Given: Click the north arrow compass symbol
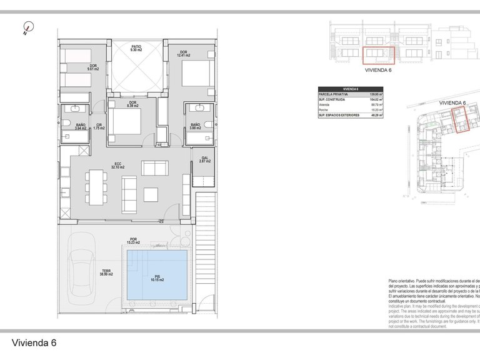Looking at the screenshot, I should coord(27,27).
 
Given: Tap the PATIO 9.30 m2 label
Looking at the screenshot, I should coord(136,48).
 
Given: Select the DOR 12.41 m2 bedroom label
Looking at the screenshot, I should coord(182,54).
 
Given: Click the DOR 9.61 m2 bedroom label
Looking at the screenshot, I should coord(92,68).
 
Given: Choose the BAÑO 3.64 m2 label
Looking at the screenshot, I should coord(81,127).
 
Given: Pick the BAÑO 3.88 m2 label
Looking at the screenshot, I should coord(194,127).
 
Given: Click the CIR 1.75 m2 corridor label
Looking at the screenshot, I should coord(99,127).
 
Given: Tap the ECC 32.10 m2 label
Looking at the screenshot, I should coord(118,166).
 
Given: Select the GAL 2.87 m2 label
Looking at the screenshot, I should coord(204,160).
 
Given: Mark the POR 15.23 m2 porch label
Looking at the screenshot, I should coord(132,241).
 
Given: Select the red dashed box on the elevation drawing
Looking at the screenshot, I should coord(379,56).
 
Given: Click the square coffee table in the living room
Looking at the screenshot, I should coord(151,194).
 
